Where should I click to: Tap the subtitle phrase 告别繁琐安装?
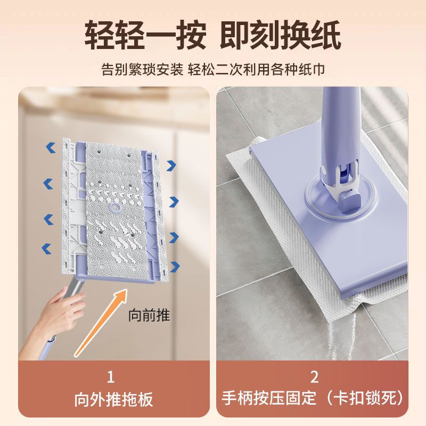[142, 70]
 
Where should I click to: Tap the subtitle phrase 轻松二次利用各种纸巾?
[257, 70]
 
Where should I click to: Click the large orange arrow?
[101, 322]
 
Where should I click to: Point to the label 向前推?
[150, 315]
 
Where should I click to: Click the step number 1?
[111, 378]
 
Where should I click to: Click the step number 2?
[314, 378]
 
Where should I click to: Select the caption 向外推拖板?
[111, 399]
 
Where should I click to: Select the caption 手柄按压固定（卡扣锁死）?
[314, 399]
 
